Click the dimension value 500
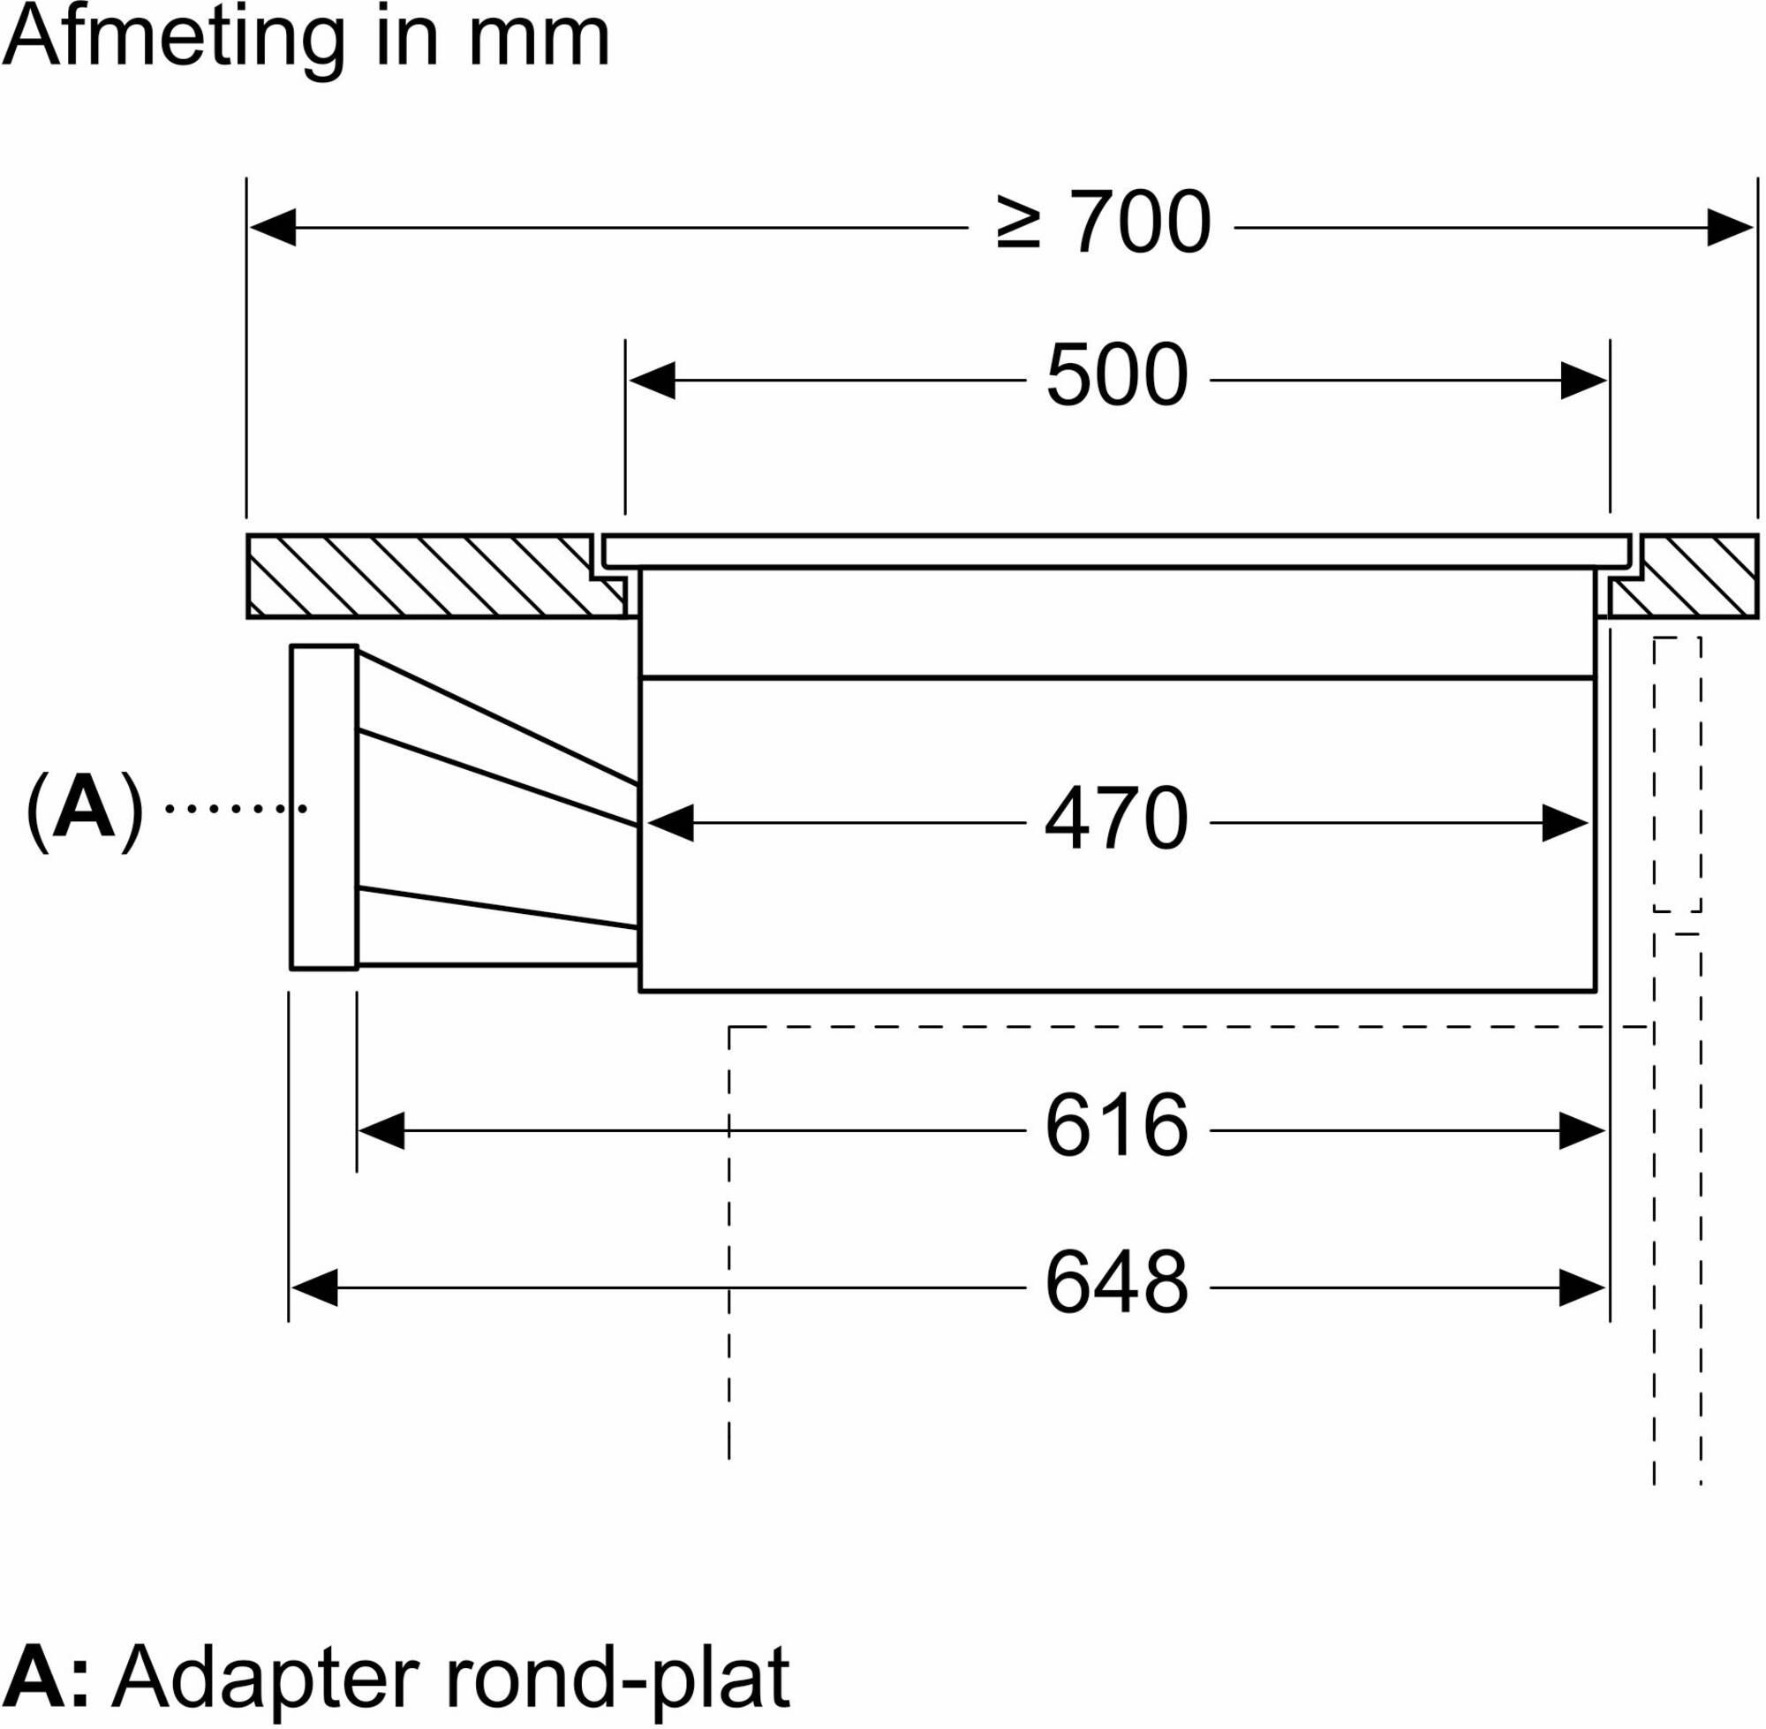tap(1117, 375)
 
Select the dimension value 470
tap(1117, 819)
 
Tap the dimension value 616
tap(1117, 1125)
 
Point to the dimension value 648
tap(1117, 1282)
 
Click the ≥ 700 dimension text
tap(1102, 222)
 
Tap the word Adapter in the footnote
tap(268, 1677)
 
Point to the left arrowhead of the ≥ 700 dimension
tap(272, 227)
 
